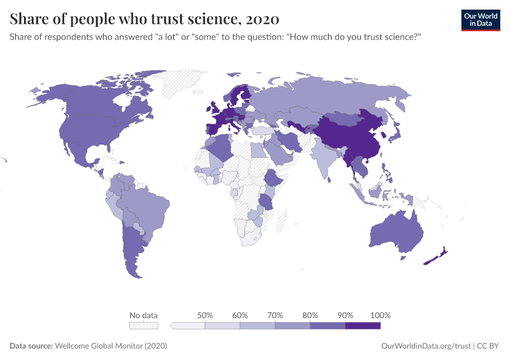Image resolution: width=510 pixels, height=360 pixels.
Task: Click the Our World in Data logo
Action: click(480, 20)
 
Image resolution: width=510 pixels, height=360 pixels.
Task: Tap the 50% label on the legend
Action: click(205, 315)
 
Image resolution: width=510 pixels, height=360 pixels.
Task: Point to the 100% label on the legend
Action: click(380, 315)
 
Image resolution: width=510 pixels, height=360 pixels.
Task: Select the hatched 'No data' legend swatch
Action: click(143, 325)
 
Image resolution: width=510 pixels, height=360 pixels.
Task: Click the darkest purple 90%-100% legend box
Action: click(363, 325)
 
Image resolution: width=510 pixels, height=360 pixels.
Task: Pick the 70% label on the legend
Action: click(275, 315)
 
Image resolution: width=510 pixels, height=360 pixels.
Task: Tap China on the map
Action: click(348, 135)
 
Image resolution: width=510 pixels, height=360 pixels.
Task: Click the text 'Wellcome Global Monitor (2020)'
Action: click(110, 346)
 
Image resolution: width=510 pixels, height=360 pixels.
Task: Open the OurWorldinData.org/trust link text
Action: click(425, 346)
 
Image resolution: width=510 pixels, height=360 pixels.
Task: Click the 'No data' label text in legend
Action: click(143, 315)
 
